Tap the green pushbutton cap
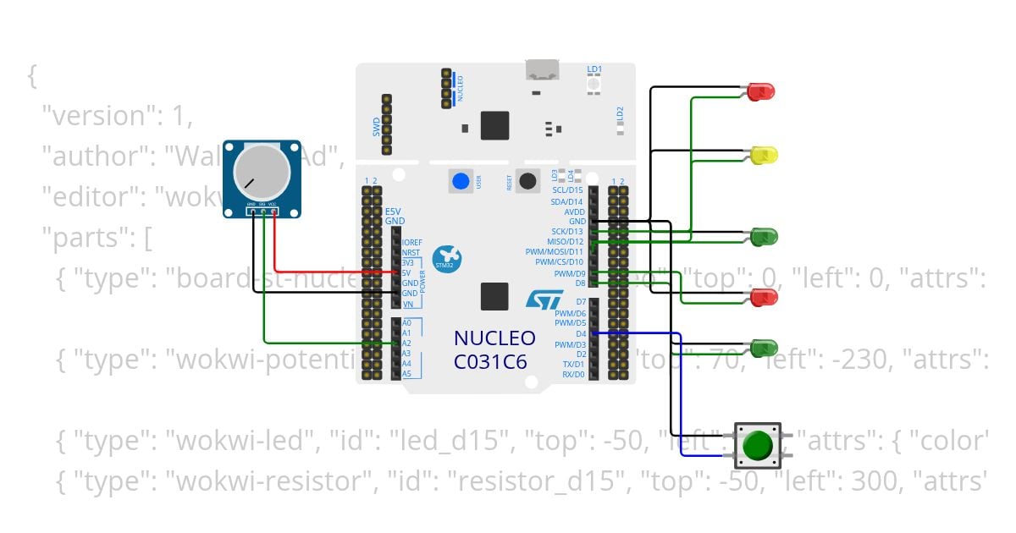[757, 444]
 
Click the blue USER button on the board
[461, 181]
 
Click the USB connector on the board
[543, 69]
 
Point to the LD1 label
[594, 69]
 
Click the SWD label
[377, 128]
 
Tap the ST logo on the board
[544, 299]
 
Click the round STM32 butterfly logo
[445, 259]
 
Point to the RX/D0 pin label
[573, 374]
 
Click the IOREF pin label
[412, 242]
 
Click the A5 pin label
[406, 374]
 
